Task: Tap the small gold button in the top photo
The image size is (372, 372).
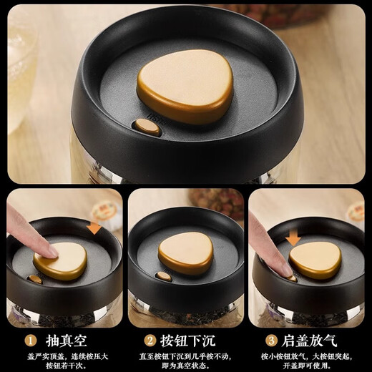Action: [147, 127]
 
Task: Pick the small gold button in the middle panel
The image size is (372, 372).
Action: [164, 275]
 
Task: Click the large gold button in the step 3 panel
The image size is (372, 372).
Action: [315, 259]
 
